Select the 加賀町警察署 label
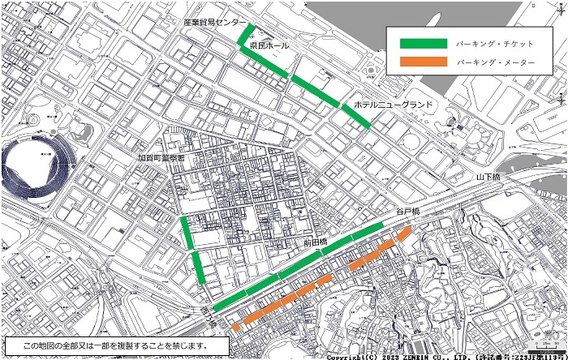tap(162, 158)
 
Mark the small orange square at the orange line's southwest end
tap(236, 328)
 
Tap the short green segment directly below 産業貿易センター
tap(246, 36)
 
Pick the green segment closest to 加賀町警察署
tap(187, 231)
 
